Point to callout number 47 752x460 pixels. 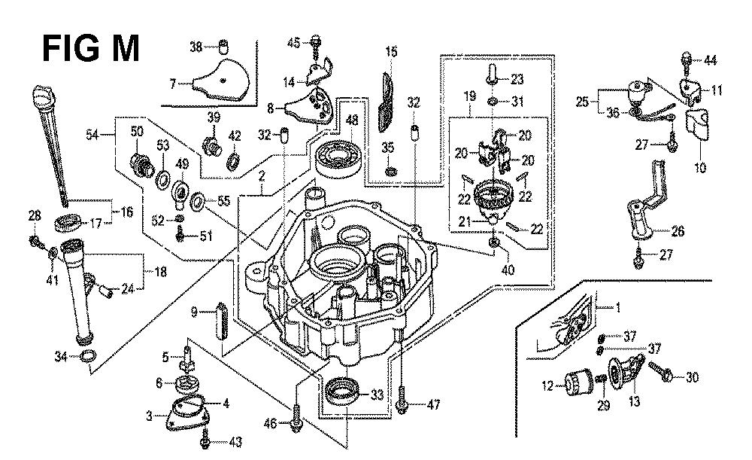pyautogui.click(x=433, y=405)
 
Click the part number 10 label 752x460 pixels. pyautogui.click(x=700, y=167)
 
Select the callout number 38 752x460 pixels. pyautogui.click(x=196, y=47)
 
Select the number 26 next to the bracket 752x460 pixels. pyautogui.click(x=678, y=232)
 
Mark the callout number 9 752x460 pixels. pyautogui.click(x=193, y=312)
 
